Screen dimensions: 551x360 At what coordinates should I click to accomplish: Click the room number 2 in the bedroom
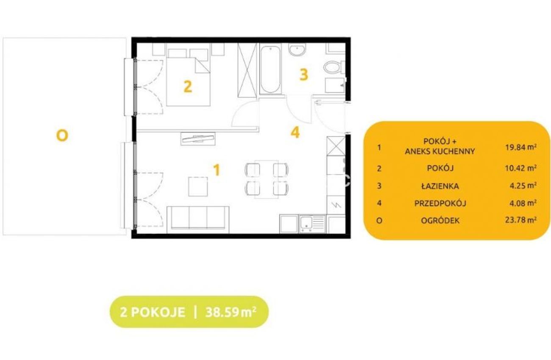pos(188,87)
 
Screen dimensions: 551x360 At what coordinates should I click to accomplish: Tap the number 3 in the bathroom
pos(304,75)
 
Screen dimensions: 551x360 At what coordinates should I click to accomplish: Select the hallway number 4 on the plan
pos(295,133)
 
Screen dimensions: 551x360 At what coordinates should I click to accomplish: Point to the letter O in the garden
pos(62,136)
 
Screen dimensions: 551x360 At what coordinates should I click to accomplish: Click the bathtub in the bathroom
pos(270,69)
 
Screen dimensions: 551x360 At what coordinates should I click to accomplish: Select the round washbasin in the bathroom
pos(297,50)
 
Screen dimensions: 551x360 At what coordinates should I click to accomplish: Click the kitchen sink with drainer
pos(312,224)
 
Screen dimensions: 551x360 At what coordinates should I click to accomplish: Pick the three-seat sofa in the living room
pos(198,220)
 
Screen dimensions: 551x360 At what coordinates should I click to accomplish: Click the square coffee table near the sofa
pos(198,186)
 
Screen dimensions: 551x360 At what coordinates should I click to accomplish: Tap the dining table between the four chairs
pos(267,179)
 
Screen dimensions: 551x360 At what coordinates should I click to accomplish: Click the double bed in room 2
pos(189,75)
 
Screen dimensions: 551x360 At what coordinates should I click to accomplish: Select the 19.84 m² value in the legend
pos(521,147)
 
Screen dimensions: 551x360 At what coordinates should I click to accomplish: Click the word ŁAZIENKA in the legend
pos(440,186)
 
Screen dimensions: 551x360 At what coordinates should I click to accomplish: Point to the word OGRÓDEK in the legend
pos(440,220)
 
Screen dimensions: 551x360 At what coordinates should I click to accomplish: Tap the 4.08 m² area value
pos(523,203)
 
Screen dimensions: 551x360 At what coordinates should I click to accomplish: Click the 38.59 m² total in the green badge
pos(231,312)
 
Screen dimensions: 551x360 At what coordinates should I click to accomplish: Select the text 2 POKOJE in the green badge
pos(153,312)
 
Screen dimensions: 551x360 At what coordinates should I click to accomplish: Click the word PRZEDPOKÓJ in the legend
pos(440,203)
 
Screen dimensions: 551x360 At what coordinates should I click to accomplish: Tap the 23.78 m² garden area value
pos(521,220)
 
